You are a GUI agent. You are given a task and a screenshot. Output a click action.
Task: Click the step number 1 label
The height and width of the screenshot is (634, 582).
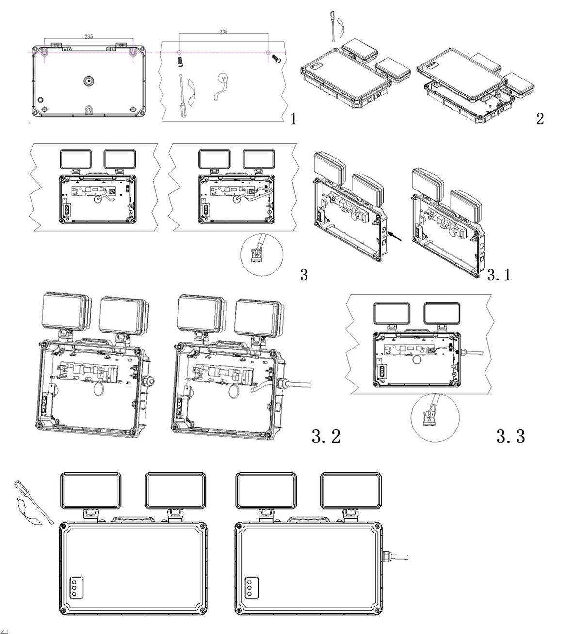point(293,119)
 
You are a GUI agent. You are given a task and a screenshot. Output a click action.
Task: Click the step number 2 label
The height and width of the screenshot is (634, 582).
point(540,119)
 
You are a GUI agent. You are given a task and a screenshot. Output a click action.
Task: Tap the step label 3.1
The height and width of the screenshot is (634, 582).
point(499,275)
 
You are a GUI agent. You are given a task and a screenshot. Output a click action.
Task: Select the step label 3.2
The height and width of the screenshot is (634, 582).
point(326,436)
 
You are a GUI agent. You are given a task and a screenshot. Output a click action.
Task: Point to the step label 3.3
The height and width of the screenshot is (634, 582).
point(511,436)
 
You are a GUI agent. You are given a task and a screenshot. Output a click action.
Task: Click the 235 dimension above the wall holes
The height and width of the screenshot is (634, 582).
point(223,32)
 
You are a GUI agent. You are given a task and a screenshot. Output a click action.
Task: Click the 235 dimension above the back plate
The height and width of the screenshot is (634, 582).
point(89,37)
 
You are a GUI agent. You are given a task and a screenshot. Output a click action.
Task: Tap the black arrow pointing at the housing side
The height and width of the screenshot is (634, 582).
point(395,236)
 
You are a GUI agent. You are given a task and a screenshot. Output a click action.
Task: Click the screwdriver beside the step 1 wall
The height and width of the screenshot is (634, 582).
point(182,96)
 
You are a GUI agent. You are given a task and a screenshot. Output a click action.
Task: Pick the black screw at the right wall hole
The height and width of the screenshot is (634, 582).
point(276,58)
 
